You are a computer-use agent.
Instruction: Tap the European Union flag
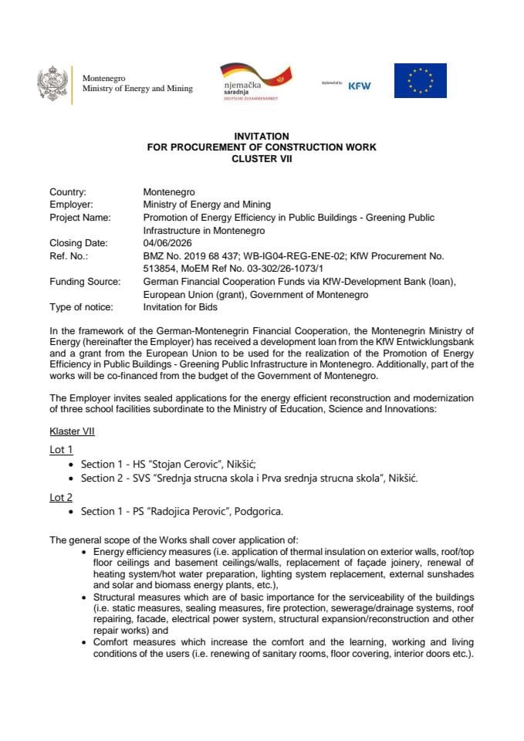click(x=420, y=81)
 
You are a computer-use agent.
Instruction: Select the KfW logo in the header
click(x=359, y=86)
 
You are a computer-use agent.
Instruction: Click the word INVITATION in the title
click(x=261, y=136)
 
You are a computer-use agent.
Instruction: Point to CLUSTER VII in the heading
click(x=262, y=158)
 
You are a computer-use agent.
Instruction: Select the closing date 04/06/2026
click(x=166, y=242)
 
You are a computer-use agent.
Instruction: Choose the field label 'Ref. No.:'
click(x=69, y=255)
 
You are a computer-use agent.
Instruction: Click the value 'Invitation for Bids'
click(x=181, y=307)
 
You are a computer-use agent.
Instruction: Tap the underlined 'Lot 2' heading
click(x=61, y=498)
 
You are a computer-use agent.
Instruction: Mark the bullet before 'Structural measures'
click(x=83, y=598)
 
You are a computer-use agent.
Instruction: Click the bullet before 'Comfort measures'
click(x=83, y=642)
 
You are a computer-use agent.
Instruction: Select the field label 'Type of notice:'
click(x=81, y=307)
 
